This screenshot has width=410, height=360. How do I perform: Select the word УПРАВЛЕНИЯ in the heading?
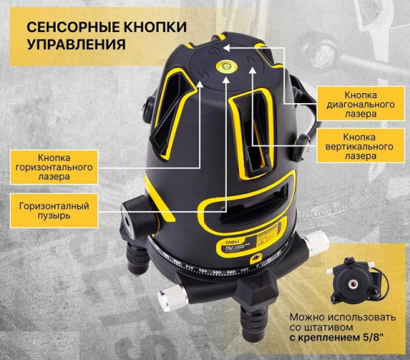coord(76,44)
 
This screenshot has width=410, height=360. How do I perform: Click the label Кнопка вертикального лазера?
coord(350,144)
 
